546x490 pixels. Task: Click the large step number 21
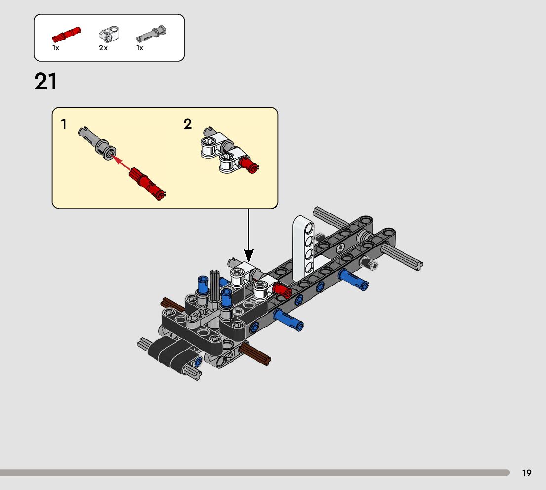tap(46, 82)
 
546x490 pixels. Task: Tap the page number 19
tap(527, 473)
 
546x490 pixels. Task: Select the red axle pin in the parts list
tap(67, 35)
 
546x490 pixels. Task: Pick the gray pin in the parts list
tap(151, 34)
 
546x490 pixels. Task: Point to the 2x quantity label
tap(103, 48)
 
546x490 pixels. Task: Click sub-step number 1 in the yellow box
tap(64, 124)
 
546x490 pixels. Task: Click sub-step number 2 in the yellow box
tap(187, 124)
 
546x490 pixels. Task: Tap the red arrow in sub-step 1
tap(123, 165)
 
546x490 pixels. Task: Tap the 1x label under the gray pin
tap(140, 48)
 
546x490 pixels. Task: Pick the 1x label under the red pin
tap(56, 48)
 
